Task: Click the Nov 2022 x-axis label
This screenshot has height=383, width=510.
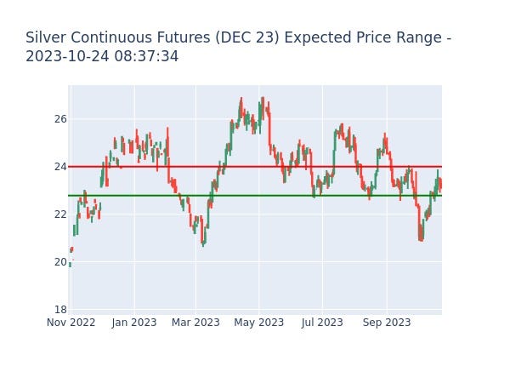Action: coord(70,323)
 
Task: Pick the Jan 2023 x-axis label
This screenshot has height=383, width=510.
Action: coord(133,323)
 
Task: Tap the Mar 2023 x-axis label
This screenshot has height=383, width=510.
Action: coord(195,323)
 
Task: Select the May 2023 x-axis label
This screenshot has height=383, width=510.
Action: coord(258,323)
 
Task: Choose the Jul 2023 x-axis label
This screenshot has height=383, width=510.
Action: coord(322,323)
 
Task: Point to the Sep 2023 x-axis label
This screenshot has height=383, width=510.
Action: coord(386,323)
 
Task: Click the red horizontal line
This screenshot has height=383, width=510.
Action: coord(255,166)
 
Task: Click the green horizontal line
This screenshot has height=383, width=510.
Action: coord(255,195)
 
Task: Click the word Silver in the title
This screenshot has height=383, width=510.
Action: coord(45,38)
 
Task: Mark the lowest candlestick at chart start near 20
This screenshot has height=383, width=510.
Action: coord(70,264)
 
